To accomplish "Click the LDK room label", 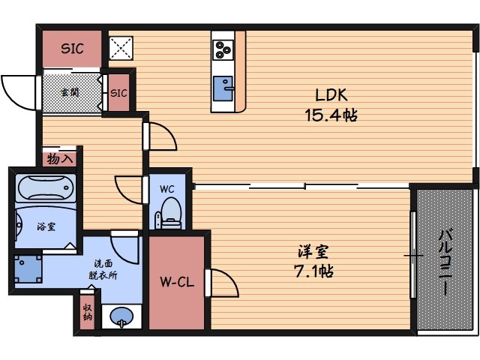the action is click(x=331, y=95).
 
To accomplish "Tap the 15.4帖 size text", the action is click(x=331, y=115).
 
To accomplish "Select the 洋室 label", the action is click(x=313, y=252).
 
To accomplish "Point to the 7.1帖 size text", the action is click(x=313, y=271).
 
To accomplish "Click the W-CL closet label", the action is click(x=177, y=282).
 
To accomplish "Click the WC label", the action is click(x=166, y=189).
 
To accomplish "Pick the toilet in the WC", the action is click(x=169, y=213).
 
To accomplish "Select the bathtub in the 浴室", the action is click(x=46, y=187).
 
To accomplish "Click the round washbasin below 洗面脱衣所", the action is click(x=121, y=316).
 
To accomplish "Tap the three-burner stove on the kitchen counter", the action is click(x=223, y=49).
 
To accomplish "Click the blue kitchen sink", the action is click(x=223, y=88).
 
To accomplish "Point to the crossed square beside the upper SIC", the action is click(x=121, y=48).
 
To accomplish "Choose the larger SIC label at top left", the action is click(x=72, y=48).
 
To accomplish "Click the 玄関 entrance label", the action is click(x=70, y=92).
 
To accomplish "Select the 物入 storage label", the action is click(x=60, y=159).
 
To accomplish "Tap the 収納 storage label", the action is click(x=88, y=312).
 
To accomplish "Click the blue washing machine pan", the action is click(x=28, y=269).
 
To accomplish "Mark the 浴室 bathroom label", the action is click(x=46, y=226).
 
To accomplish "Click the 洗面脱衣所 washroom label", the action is click(x=103, y=269).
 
